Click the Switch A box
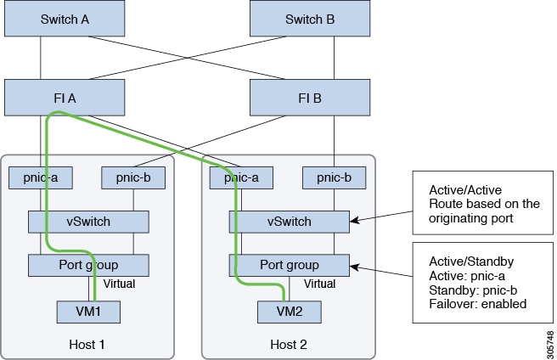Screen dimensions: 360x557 65,20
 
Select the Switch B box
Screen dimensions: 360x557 309,20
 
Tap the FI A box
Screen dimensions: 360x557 65,98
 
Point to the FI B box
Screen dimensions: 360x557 309,98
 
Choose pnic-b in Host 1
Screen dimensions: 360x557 132,178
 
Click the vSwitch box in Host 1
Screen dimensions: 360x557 88,222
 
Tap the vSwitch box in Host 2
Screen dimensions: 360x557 289,222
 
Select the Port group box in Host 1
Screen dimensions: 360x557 88,265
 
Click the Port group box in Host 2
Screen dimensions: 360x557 289,265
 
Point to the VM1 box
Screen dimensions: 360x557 88,311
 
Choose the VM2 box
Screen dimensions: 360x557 290,311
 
